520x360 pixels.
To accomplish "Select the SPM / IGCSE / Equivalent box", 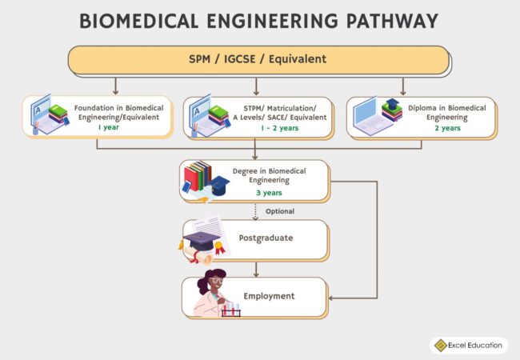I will pos(258,60).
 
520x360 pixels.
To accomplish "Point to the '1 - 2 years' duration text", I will pos(278,128).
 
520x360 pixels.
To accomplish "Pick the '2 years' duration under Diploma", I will pos(446,128).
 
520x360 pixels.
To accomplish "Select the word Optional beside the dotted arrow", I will pos(280,211).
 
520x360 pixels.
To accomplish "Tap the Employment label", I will pos(269,296).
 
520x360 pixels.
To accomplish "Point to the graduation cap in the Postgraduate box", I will pos(200,239).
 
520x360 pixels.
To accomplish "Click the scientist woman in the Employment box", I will pos(210,294).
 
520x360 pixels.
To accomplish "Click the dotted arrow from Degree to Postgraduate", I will pos(255,210).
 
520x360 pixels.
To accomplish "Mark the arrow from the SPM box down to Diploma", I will pos(402,86).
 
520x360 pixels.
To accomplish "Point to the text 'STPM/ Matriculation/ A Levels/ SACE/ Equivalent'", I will pos(279,112).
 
